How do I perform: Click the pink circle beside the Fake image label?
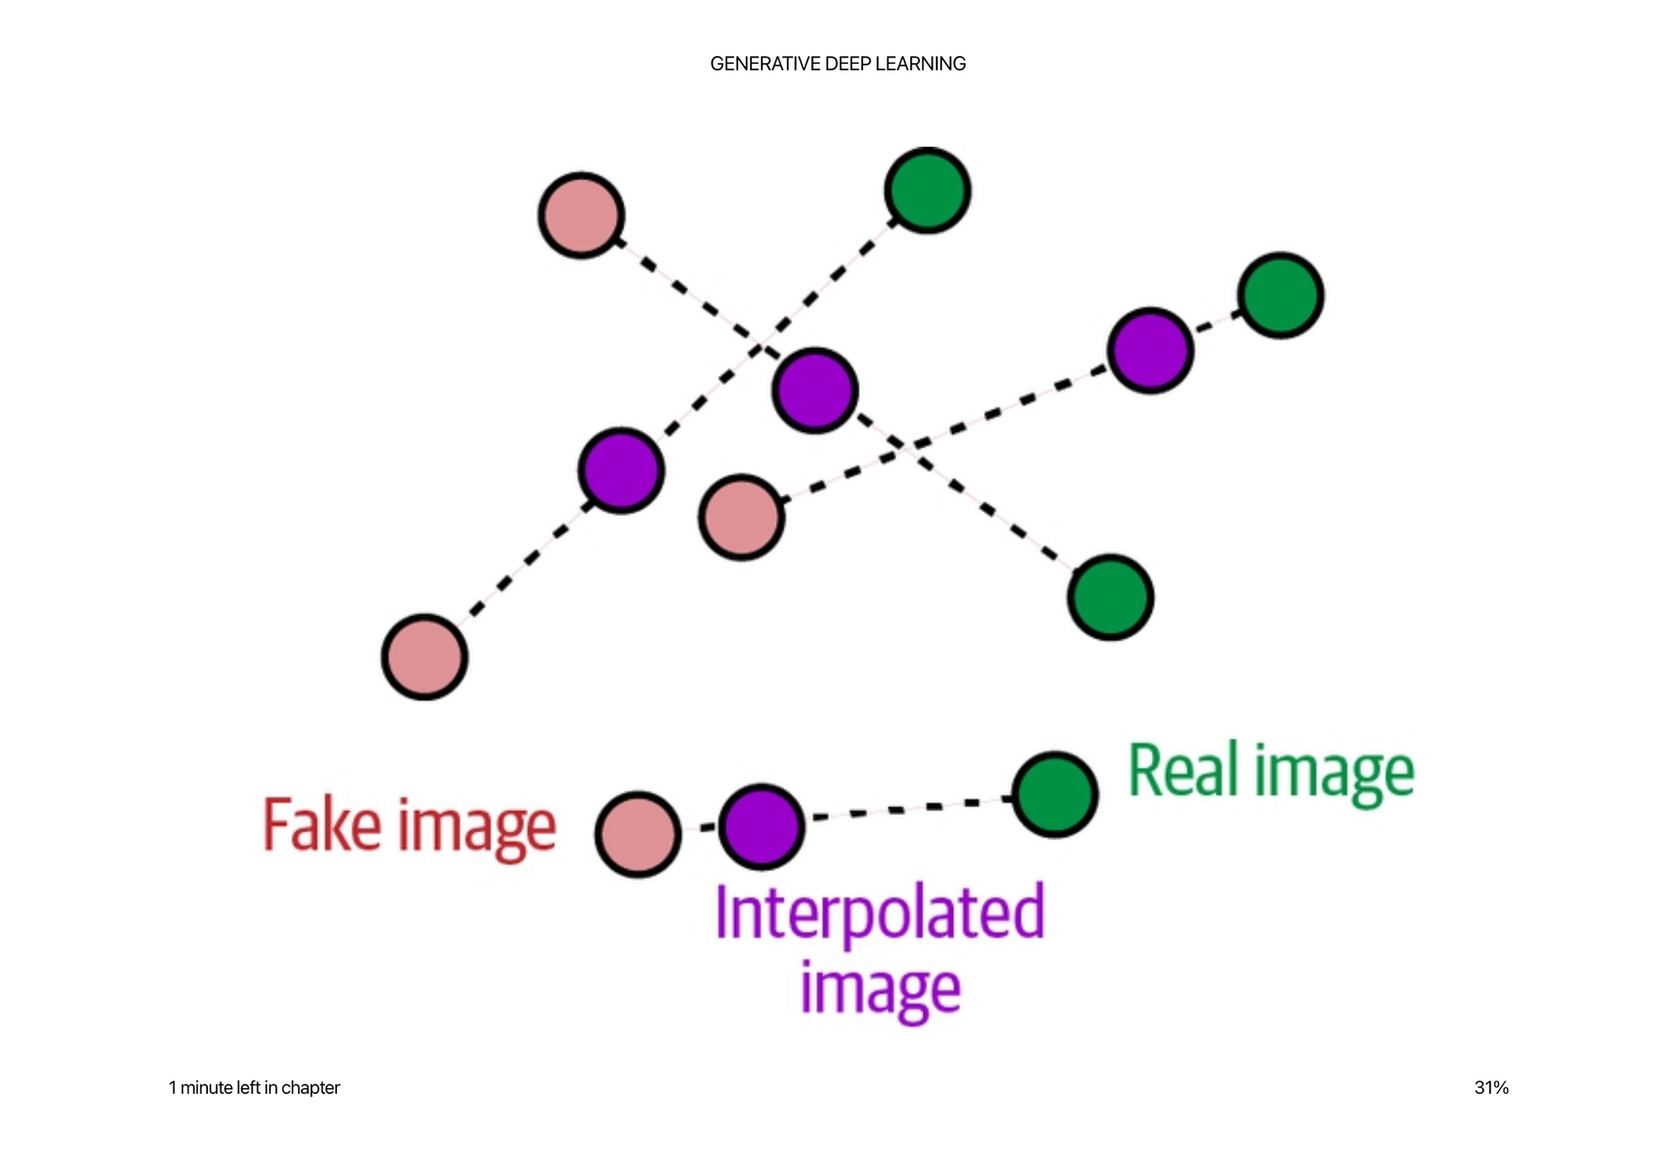(x=638, y=834)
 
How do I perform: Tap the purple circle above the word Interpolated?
(x=762, y=826)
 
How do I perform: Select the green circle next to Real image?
(x=1055, y=794)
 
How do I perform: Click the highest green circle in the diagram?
(x=928, y=190)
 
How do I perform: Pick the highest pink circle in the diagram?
(x=582, y=215)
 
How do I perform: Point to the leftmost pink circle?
(x=425, y=656)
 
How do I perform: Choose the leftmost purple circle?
(x=622, y=470)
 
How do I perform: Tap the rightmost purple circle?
(x=1151, y=350)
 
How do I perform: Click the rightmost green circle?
(x=1280, y=295)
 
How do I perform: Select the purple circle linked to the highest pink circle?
(x=815, y=390)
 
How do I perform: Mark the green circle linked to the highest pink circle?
(x=1110, y=597)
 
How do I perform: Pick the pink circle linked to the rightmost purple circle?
(x=742, y=517)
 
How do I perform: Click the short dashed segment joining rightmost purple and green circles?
(x=1216, y=322)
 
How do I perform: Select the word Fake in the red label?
(x=323, y=826)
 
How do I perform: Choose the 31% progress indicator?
(x=1491, y=1087)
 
